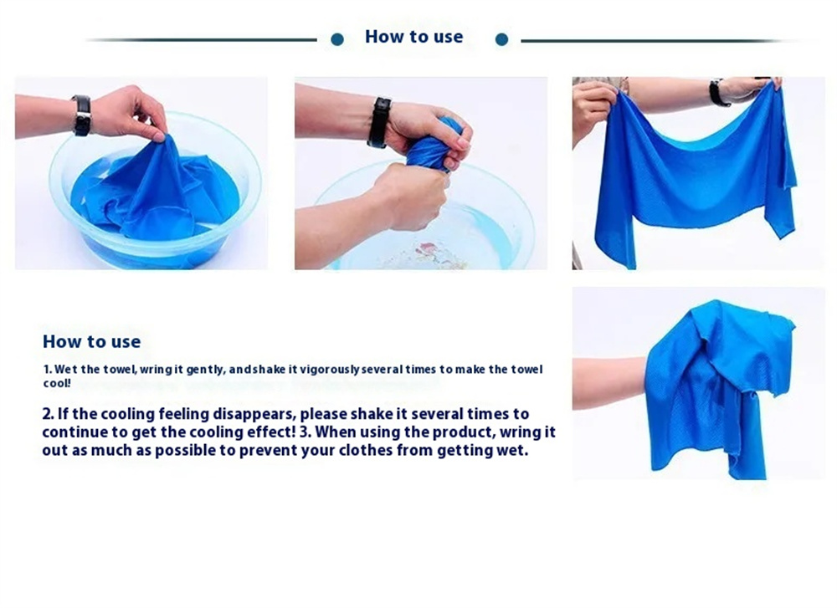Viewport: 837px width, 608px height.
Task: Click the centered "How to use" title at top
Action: point(413,36)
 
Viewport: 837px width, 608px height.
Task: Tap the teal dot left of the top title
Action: point(337,39)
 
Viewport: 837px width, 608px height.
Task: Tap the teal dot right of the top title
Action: point(501,39)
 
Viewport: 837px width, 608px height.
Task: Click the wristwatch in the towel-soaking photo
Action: point(82,115)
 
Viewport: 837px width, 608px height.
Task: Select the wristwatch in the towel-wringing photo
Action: point(379,122)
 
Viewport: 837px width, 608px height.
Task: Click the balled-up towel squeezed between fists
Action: point(434,145)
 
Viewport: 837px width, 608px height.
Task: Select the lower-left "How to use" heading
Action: point(92,341)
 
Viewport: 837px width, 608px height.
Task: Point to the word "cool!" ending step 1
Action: point(57,383)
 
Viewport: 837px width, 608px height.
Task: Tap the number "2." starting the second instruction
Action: point(48,414)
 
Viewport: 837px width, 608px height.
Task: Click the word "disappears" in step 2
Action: point(254,415)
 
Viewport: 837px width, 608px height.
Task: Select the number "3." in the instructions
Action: point(306,432)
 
